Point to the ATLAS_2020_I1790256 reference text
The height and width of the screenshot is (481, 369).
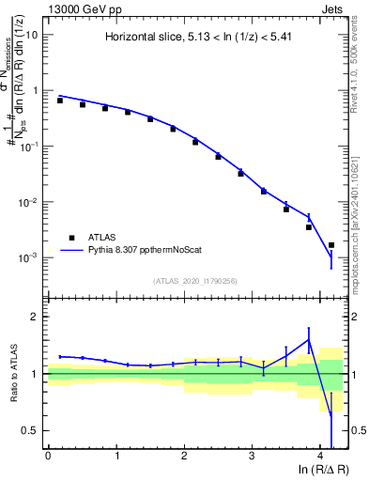(x=196, y=280)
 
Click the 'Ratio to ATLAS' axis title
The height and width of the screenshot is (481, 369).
(x=13, y=374)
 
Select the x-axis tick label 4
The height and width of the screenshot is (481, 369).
(x=320, y=456)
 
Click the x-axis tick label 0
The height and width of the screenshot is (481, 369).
(x=48, y=456)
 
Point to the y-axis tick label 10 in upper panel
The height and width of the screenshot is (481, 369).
(x=31, y=35)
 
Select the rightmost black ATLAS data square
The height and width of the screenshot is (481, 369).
(x=331, y=245)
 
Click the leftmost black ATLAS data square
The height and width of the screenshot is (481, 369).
(x=60, y=101)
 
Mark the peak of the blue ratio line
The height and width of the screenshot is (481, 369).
(x=308, y=340)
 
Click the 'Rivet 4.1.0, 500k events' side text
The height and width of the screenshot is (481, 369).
(x=358, y=66)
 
